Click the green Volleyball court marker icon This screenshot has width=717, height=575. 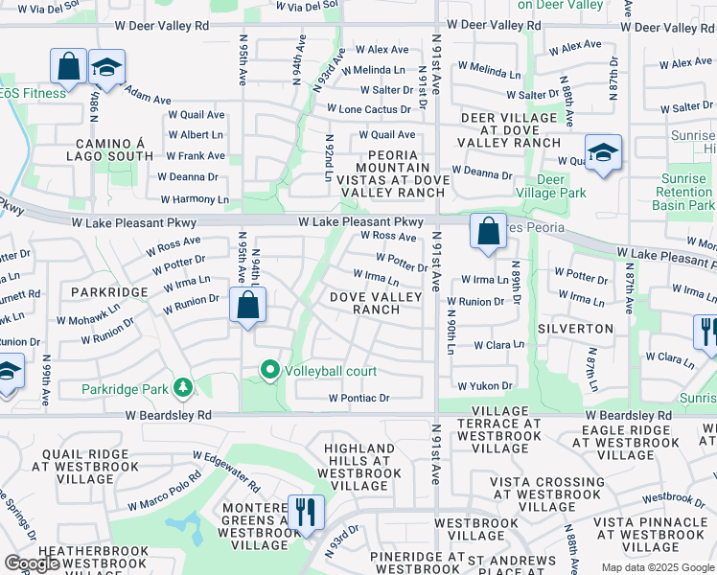[x=269, y=370]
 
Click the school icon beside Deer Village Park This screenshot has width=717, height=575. [x=603, y=152]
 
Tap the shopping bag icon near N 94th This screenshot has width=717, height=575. [x=248, y=306]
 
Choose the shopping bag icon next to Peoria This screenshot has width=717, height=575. [x=488, y=231]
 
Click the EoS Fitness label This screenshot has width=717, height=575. [x=34, y=93]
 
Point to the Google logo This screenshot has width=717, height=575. [x=33, y=563]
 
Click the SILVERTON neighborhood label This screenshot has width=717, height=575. [x=575, y=329]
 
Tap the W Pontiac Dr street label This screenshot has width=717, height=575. [x=358, y=398]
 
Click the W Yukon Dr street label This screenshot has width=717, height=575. [x=485, y=386]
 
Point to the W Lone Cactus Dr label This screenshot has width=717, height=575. [x=368, y=110]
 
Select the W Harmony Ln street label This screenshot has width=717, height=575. [x=195, y=199]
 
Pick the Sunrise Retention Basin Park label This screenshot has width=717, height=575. [x=684, y=193]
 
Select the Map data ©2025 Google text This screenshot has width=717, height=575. [x=658, y=567]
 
